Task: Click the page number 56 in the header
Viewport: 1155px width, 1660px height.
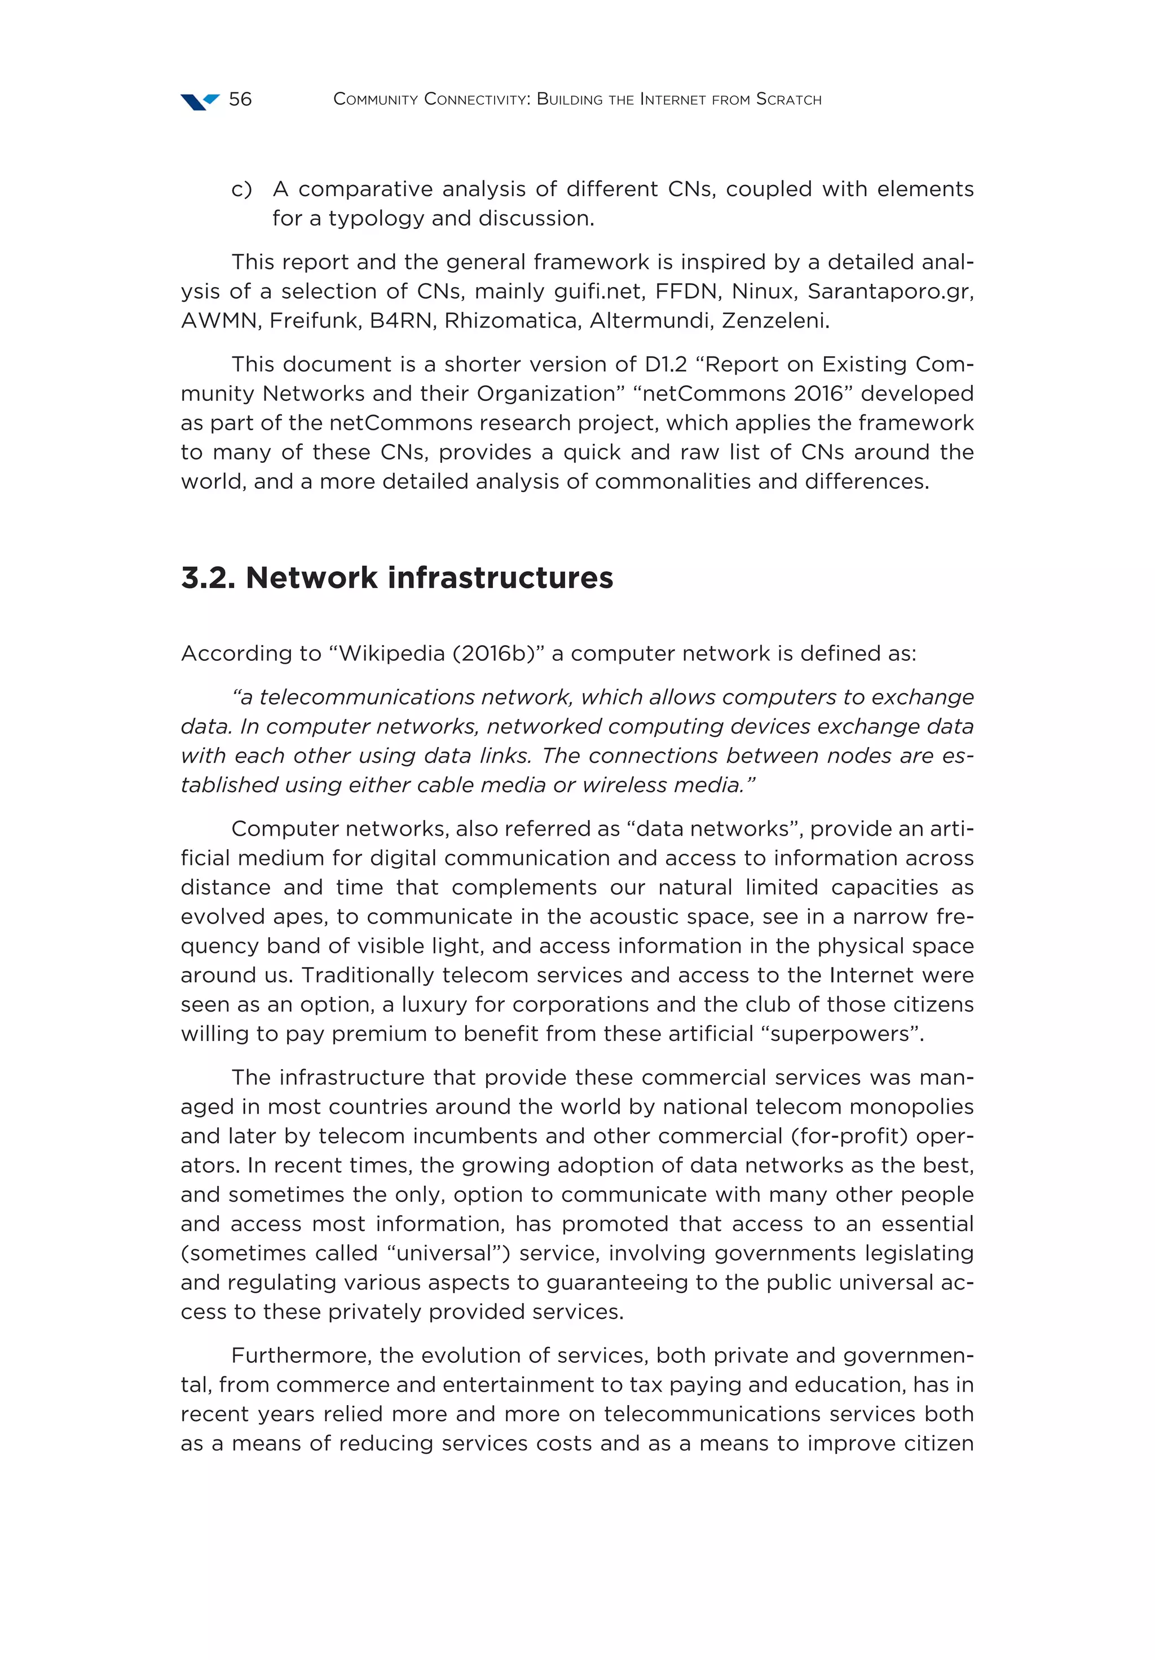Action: click(240, 99)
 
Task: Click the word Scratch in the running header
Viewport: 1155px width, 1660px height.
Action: click(788, 100)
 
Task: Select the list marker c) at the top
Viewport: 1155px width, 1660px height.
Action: click(241, 189)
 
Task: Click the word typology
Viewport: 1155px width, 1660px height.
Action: click(369, 218)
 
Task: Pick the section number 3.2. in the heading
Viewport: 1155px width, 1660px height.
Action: click(208, 579)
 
